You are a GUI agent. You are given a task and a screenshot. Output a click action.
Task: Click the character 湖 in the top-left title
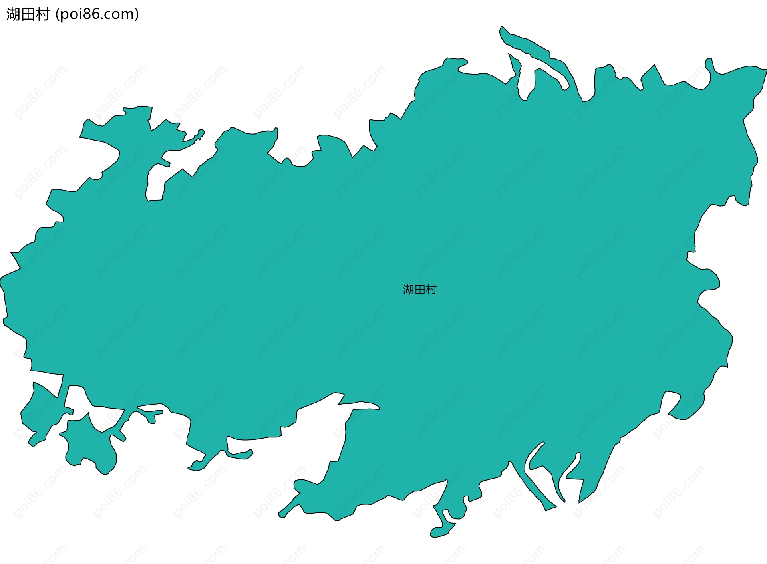tap(13, 14)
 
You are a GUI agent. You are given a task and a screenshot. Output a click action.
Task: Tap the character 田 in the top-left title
tap(28, 14)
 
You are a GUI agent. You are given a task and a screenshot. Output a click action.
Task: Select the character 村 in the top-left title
tap(42, 14)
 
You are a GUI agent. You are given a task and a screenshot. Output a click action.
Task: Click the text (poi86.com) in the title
tap(97, 14)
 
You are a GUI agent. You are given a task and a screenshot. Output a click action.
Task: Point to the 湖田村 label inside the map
tap(420, 290)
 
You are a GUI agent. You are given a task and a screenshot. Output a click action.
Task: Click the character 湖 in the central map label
tap(408, 290)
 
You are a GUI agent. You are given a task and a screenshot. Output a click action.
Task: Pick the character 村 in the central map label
tap(431, 290)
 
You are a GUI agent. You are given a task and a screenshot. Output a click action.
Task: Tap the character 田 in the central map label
tap(420, 290)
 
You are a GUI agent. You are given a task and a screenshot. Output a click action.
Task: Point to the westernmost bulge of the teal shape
tap(2, 282)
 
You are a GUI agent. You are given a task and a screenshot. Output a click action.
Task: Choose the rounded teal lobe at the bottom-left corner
tap(90, 447)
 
